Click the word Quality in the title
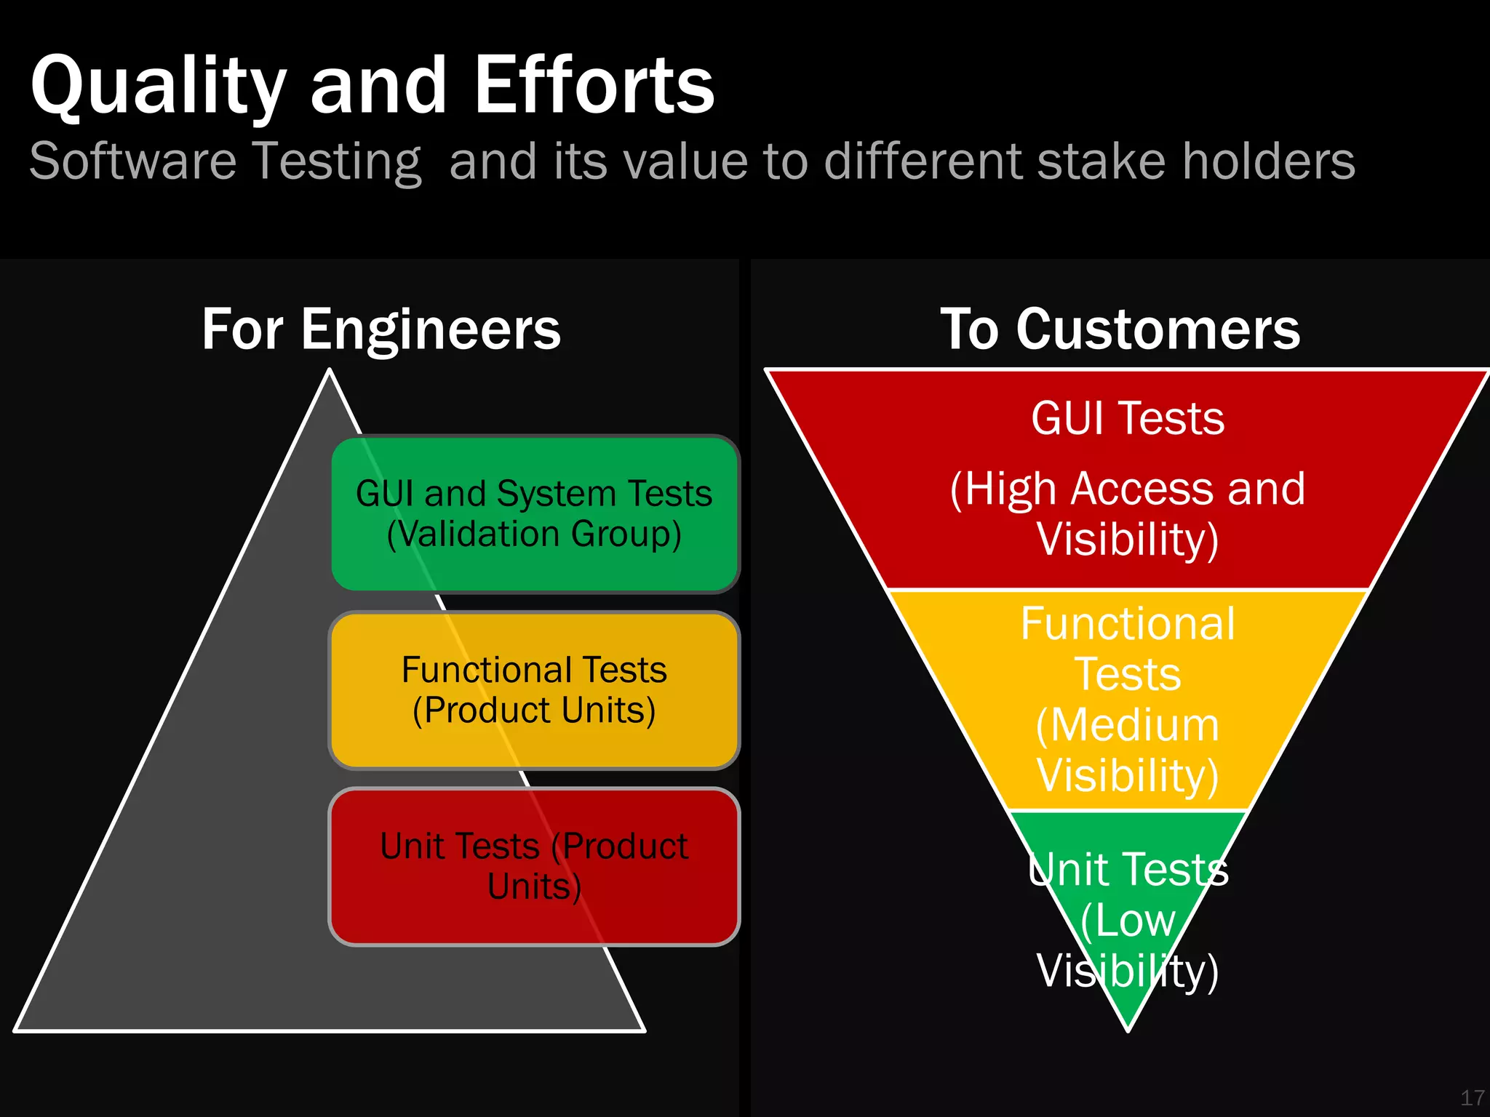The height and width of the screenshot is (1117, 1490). (x=158, y=86)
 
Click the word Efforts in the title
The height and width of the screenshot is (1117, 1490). (x=594, y=86)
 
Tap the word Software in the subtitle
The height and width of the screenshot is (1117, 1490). (x=133, y=161)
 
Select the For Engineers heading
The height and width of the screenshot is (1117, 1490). (x=381, y=329)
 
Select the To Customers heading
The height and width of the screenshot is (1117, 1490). (x=1120, y=329)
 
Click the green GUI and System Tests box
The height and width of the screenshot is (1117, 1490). (x=535, y=513)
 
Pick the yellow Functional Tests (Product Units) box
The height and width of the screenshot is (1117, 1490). (x=535, y=690)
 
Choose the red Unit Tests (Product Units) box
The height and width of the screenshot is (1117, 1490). (x=535, y=866)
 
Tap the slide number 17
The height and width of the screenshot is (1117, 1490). (x=1472, y=1097)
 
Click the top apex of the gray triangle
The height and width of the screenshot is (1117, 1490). (x=330, y=373)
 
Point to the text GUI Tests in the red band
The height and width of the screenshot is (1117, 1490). (x=1128, y=419)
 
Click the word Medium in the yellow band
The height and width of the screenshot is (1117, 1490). (x=1134, y=725)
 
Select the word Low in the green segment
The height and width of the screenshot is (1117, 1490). (x=1135, y=921)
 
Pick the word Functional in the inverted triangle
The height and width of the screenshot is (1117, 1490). (x=1128, y=624)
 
